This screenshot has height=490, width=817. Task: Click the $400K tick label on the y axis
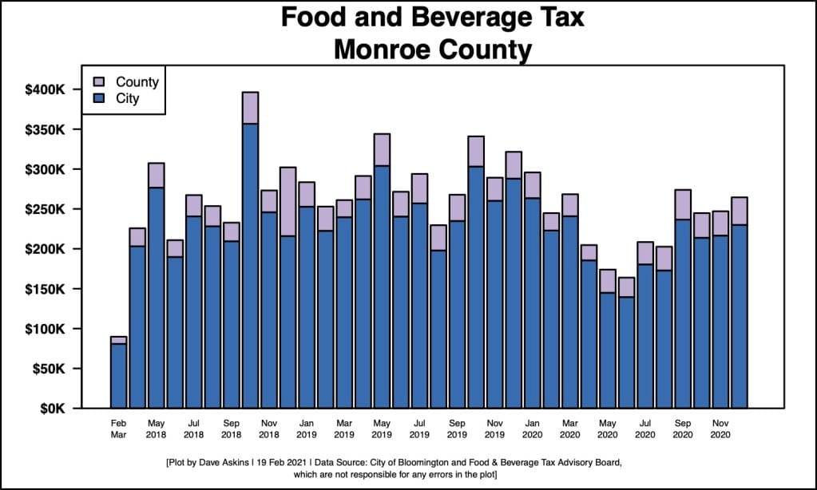pos(45,89)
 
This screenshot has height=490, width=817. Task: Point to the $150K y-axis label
pos(45,289)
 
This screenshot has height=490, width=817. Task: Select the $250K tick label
pos(45,209)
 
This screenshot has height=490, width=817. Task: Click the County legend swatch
pos(99,82)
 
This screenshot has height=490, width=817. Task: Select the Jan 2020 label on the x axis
pos(532,429)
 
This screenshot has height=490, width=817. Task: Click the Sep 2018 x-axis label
pos(231,429)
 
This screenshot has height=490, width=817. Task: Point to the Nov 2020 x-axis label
pos(720,429)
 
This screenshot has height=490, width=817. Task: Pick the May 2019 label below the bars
pos(382,429)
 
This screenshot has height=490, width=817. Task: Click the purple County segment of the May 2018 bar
pos(156,176)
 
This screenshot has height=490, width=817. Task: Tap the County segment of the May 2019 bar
pos(382,150)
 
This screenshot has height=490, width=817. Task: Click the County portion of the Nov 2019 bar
pos(494,189)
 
